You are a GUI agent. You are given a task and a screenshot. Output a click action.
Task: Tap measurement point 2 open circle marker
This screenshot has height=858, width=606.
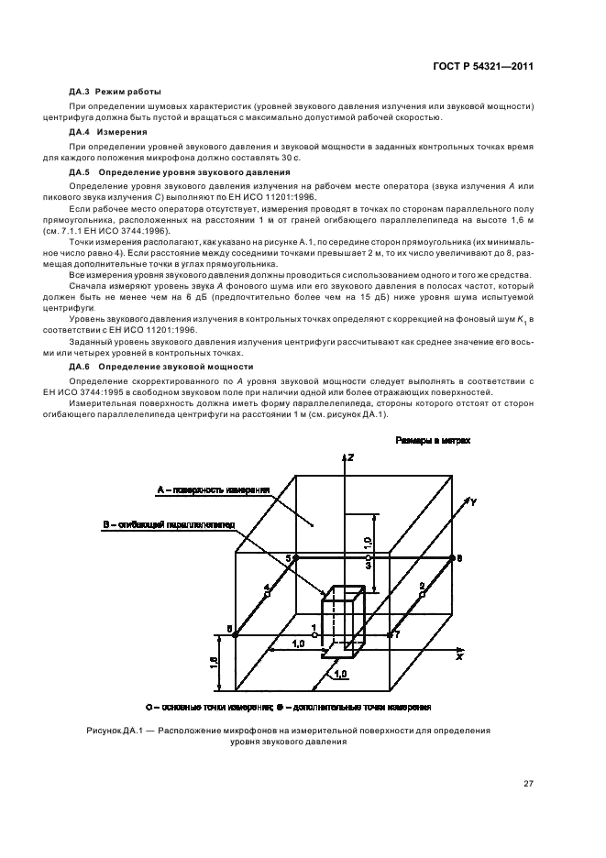click(x=423, y=594)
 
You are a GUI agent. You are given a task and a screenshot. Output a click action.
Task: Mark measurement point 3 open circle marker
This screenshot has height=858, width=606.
click(x=368, y=557)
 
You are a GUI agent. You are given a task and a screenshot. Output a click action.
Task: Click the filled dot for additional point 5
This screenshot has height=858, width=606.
click(x=295, y=557)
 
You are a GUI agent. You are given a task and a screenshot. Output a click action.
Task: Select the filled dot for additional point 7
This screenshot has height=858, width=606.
click(x=390, y=633)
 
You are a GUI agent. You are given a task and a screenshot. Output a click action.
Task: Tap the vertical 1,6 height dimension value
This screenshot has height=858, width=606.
click(x=214, y=661)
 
